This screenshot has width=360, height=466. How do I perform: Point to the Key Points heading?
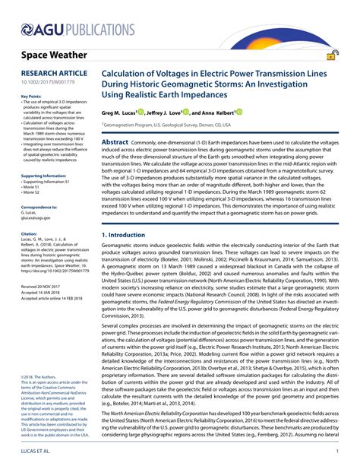pyautogui.click(x=30, y=97)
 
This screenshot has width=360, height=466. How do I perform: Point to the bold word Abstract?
pyautogui.click(x=115, y=142)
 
